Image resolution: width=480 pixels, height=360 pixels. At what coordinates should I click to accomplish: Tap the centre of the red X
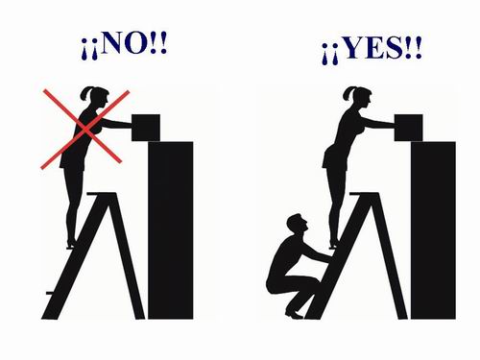click(x=85, y=129)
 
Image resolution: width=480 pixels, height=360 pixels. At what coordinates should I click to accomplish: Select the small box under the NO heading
click(x=146, y=128)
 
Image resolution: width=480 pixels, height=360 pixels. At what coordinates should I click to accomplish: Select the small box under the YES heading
click(x=408, y=128)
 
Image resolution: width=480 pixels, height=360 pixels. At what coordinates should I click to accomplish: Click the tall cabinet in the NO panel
click(x=171, y=230)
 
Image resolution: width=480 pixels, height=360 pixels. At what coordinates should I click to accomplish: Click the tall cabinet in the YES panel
click(x=433, y=230)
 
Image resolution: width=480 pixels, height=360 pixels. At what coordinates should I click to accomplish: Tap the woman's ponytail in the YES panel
click(x=347, y=93)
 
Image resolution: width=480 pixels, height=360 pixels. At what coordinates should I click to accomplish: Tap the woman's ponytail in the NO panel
click(x=84, y=93)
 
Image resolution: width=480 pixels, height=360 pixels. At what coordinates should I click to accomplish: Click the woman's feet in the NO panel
click(x=71, y=244)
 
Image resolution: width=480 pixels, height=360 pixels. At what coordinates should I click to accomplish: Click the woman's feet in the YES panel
click(x=333, y=244)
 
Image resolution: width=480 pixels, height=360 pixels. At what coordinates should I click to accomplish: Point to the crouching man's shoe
click(x=294, y=314)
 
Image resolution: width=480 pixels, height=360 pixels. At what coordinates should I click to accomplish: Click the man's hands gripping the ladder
click(x=327, y=257)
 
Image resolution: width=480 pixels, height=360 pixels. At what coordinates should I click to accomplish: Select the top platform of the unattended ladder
click(x=101, y=194)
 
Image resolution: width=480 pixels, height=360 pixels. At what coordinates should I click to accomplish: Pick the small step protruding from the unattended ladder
click(x=50, y=293)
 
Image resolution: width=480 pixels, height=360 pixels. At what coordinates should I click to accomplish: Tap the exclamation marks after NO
click(x=158, y=42)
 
